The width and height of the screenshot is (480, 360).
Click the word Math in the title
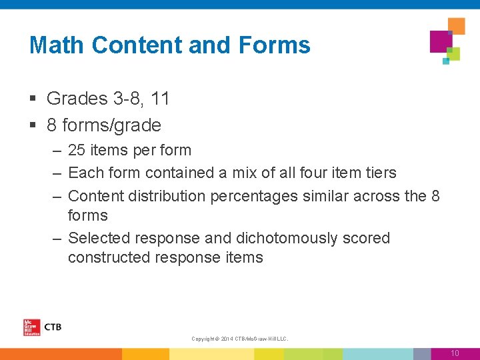pyautogui.click(x=57, y=45)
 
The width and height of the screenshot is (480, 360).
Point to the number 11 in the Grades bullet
pyautogui.click(x=160, y=99)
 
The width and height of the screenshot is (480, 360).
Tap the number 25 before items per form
pyautogui.click(x=77, y=151)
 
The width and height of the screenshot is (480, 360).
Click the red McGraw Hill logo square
pyautogui.click(x=31, y=327)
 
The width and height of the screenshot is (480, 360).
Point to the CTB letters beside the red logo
pyautogui.click(x=52, y=327)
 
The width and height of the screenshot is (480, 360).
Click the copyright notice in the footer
pyautogui.click(x=239, y=339)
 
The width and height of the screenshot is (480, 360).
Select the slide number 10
pyautogui.click(x=455, y=353)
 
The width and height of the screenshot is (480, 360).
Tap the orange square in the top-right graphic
pyautogui.click(x=456, y=26)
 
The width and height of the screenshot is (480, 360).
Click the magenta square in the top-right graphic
pyautogui.click(x=441, y=41)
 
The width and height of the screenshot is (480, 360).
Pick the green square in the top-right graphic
pyautogui.click(x=454, y=54)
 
